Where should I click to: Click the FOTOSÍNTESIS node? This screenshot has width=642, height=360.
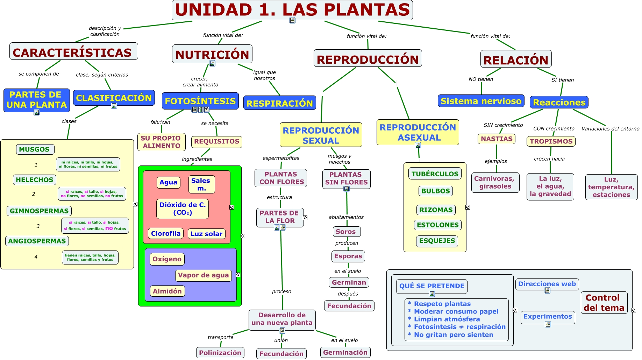coord(200,101)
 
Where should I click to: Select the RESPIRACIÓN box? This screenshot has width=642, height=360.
coord(279,103)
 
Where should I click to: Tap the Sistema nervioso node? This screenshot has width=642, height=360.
coord(481,101)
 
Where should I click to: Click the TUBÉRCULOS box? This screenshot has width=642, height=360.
coord(435,174)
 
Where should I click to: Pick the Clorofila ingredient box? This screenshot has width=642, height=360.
coord(166,233)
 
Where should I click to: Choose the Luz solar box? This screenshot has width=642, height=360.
coord(206,234)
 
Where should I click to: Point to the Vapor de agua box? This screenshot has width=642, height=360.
coord(203,275)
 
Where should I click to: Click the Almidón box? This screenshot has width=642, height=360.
coord(167,291)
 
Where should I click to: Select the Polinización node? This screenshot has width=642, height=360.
coord(220,353)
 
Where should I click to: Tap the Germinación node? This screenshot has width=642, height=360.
coord(345,352)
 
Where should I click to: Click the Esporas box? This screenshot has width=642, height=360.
coord(348,256)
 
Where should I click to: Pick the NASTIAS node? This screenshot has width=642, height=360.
coord(497,139)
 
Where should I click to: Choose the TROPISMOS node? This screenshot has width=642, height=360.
coord(551,141)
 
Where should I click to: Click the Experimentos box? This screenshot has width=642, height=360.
coord(548,317)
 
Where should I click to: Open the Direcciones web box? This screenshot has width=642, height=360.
coord(547,284)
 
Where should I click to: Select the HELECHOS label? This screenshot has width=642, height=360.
coord(35,180)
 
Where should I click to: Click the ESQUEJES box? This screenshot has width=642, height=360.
coord(437,241)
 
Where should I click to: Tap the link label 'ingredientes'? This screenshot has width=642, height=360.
coord(197,159)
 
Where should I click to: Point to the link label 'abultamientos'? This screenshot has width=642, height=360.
coord(346,217)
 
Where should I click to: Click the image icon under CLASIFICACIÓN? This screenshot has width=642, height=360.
coord(114,106)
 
